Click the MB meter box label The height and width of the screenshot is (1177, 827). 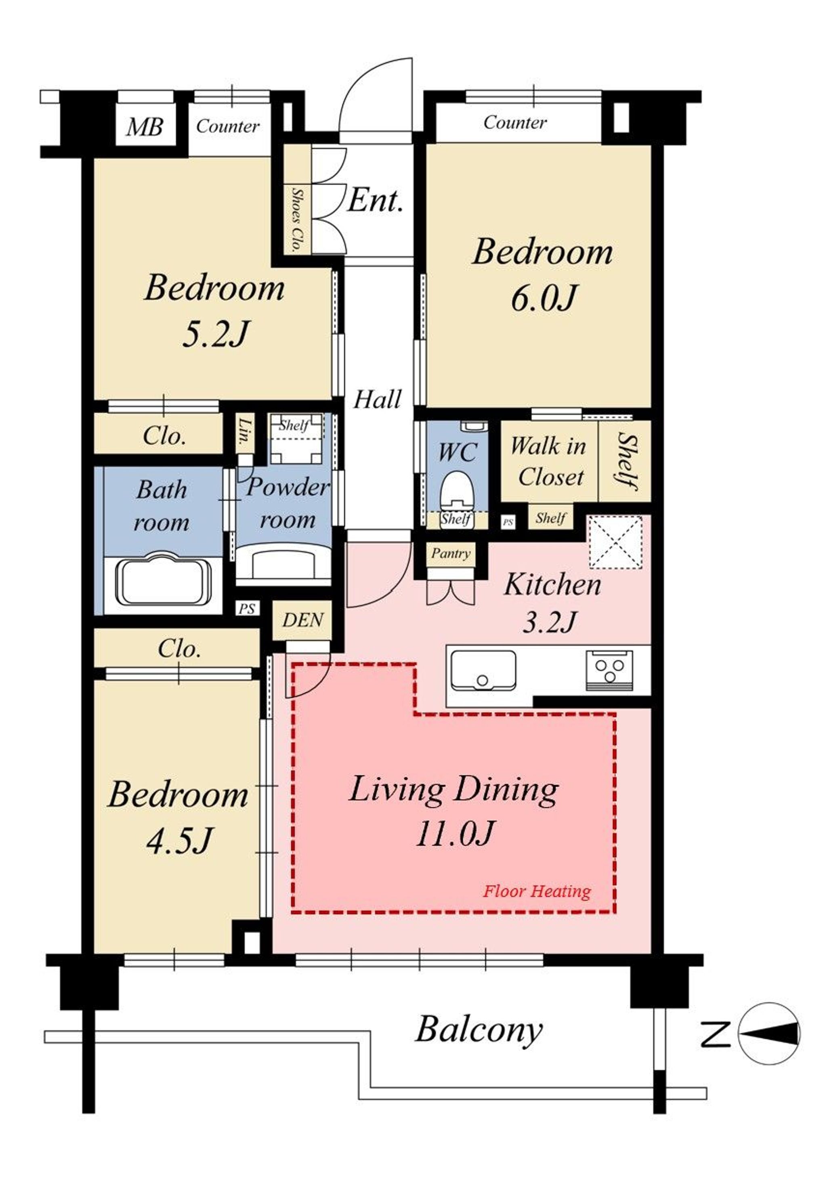[145, 126]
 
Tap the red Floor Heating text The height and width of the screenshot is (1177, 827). [537, 891]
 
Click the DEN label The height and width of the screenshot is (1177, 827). [303, 620]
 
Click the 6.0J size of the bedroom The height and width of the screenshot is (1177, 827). [544, 298]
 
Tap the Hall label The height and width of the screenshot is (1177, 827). [378, 399]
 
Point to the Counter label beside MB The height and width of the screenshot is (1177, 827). [227, 126]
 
